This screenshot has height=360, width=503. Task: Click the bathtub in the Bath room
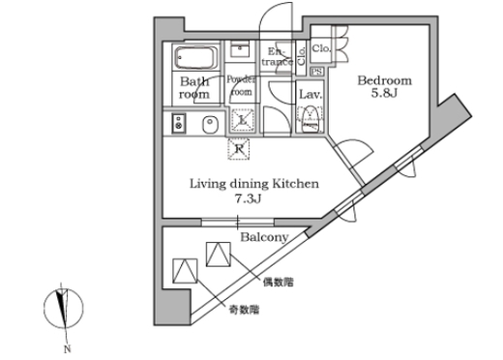click(196, 56)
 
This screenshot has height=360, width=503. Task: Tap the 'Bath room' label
click(194, 90)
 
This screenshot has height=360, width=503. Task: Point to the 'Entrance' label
click(278, 56)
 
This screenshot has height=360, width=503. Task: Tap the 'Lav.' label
click(310, 95)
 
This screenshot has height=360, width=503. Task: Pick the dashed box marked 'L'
click(242, 121)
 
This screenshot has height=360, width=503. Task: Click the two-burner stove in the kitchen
click(177, 123)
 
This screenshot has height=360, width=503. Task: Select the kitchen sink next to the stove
click(207, 124)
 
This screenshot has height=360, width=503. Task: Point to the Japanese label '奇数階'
click(243, 309)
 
